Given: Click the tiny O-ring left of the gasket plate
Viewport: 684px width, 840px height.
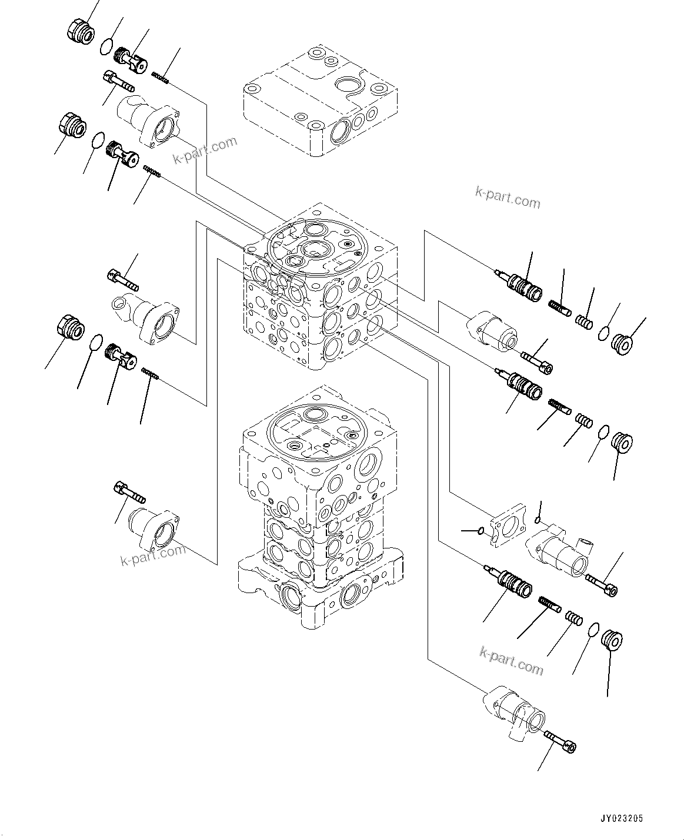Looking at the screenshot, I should [x=481, y=531].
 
